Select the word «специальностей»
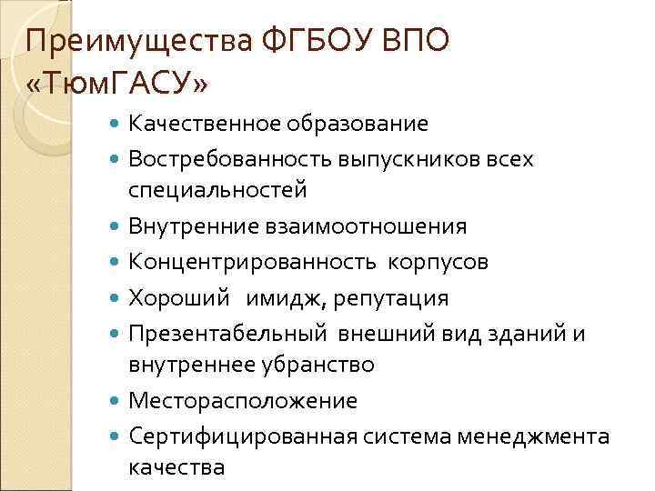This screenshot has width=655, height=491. (217, 190)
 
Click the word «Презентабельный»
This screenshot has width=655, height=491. (227, 333)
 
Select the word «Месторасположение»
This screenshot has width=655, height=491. (243, 400)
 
